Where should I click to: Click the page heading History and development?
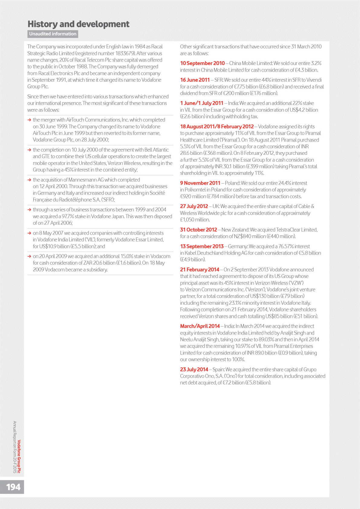(x=78, y=24)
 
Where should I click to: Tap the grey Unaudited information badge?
(x=53, y=34)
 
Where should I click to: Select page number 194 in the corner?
(x=13, y=487)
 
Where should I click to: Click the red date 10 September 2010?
(x=203, y=63)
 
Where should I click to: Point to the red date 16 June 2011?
(x=195, y=80)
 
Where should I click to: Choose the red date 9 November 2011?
(x=200, y=183)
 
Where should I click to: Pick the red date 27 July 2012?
(x=194, y=206)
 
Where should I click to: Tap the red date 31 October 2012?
(x=199, y=230)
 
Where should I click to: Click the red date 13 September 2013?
(x=202, y=246)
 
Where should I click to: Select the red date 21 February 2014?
(x=199, y=269)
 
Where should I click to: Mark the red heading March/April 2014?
(x=200, y=326)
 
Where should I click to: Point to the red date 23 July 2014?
(x=194, y=369)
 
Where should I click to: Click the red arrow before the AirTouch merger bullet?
(x=29, y=120)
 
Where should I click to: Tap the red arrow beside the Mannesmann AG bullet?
(x=29, y=180)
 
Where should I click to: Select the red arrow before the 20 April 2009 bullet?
(x=29, y=256)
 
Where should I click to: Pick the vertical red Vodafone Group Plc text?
(x=19, y=456)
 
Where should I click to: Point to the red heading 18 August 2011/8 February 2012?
(x=217, y=126)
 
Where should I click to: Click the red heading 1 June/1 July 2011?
(x=202, y=103)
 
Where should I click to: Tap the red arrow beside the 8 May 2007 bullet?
(x=29, y=233)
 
